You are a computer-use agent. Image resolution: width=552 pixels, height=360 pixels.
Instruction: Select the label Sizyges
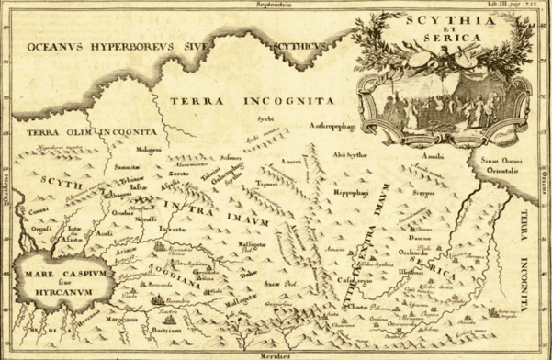click(x=422, y=194)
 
